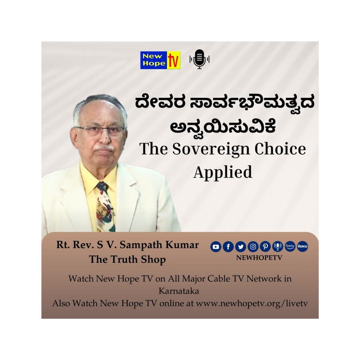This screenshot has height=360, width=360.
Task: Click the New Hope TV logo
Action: click(x=160, y=60)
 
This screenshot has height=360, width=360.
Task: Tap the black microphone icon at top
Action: click(x=200, y=59)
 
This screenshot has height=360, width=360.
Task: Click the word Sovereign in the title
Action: click(x=211, y=150)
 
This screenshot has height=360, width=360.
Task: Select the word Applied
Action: click(x=223, y=172)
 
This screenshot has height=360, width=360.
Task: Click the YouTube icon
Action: click(x=216, y=247)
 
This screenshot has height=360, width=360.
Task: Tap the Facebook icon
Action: click(x=228, y=247)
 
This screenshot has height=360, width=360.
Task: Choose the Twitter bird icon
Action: click(x=240, y=247)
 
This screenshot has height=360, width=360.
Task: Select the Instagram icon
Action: click(x=253, y=247)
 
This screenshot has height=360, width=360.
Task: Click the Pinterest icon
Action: click(x=265, y=247)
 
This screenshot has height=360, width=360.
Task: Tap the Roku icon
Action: click(x=302, y=246)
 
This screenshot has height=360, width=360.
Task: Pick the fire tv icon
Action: click(x=290, y=246)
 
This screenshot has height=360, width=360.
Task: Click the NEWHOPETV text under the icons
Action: click(x=259, y=258)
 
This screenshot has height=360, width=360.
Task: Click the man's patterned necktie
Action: click(x=106, y=207)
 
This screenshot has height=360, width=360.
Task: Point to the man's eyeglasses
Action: click(x=100, y=131)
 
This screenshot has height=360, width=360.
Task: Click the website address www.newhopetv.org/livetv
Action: click(x=252, y=304)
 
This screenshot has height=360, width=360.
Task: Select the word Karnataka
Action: click(x=179, y=291)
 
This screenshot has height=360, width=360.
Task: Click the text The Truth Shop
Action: click(x=128, y=260)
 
